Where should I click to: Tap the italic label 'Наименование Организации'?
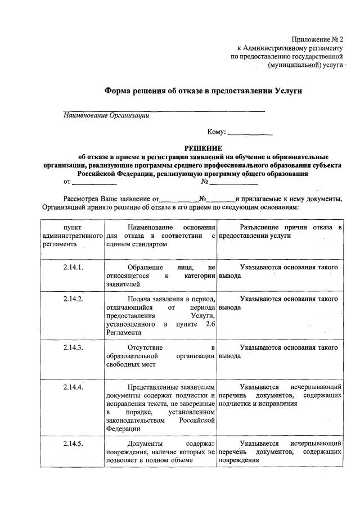(106, 116)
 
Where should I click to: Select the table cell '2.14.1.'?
(73, 267)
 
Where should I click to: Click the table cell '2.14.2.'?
(73, 299)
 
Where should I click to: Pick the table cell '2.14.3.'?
(73, 347)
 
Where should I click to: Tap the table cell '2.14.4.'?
(73, 387)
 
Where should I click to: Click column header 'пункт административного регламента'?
(73, 236)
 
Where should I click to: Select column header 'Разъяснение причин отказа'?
(280, 231)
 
